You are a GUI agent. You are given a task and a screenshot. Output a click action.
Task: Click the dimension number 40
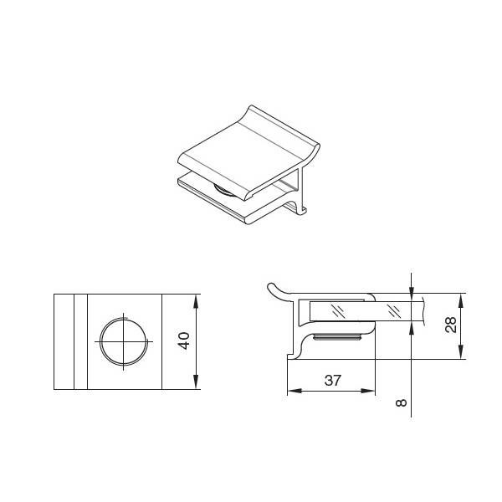pos(185,341)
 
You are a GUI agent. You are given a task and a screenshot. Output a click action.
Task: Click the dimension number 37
pos(333,381)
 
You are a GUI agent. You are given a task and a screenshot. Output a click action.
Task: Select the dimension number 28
pos(451,325)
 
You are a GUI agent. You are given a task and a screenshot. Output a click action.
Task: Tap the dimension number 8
pos(401,402)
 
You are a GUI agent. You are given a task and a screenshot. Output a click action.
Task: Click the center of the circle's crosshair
pos(124,341)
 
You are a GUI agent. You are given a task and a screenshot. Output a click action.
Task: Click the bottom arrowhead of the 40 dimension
pos(196,382)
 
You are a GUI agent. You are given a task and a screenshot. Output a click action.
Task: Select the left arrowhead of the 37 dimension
pos(295,391)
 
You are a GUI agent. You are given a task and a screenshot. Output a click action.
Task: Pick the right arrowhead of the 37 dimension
pos(367,391)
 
